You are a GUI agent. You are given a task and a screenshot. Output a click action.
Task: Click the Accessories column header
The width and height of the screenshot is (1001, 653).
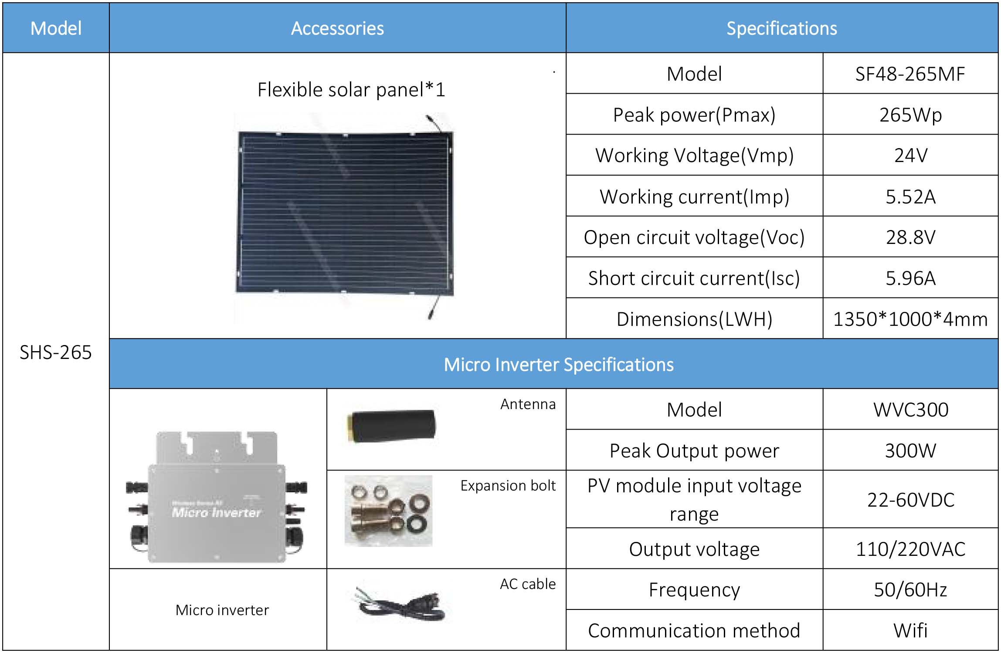(x=337, y=28)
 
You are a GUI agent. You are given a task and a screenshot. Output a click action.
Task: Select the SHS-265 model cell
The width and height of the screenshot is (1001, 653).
(x=56, y=352)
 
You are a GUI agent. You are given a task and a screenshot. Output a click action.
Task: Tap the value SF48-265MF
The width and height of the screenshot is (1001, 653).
(x=910, y=74)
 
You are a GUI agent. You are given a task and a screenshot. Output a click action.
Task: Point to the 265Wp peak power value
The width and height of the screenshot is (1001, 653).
(x=910, y=115)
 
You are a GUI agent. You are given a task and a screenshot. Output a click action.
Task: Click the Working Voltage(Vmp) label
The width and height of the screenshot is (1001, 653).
(x=694, y=156)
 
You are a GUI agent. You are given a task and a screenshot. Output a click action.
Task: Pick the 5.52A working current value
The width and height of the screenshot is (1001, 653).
(x=910, y=196)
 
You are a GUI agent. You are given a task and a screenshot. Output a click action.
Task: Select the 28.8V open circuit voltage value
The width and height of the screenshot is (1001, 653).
(x=910, y=237)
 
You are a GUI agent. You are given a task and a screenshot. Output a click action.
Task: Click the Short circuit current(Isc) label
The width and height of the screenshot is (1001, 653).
(x=694, y=278)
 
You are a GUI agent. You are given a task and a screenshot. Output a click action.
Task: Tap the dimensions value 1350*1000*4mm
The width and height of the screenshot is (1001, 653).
(x=910, y=319)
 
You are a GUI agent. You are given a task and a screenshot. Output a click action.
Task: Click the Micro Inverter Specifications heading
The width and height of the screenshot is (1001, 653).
(x=558, y=364)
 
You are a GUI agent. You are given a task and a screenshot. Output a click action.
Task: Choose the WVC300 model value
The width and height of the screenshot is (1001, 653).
(x=910, y=409)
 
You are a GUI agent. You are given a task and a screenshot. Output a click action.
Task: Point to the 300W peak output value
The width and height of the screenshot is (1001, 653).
(x=910, y=450)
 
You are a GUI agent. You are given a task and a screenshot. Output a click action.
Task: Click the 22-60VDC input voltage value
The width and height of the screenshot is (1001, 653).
(x=910, y=500)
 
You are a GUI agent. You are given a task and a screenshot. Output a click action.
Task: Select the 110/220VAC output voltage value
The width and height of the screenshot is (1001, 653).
(x=910, y=549)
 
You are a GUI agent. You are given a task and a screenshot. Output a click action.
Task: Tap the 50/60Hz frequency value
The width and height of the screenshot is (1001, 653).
(x=910, y=589)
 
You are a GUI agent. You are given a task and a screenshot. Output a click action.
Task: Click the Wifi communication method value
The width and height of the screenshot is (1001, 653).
(x=910, y=630)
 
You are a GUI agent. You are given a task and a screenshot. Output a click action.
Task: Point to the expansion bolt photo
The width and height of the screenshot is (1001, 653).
(x=388, y=511)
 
